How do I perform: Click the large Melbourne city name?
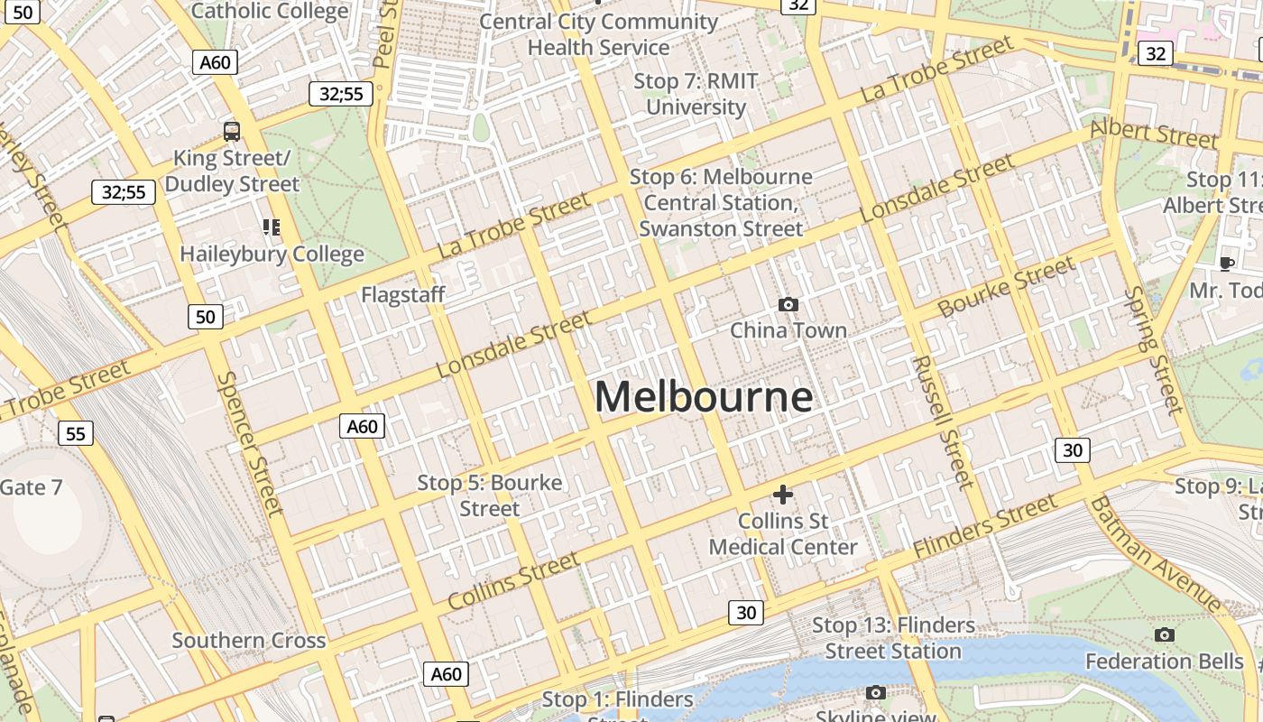pos(704,398)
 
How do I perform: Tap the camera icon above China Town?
pos(788,305)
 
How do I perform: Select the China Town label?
pos(788,330)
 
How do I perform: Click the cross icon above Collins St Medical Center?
pos(783,494)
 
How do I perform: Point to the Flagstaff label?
pos(403,294)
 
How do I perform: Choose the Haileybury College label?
pos(272,254)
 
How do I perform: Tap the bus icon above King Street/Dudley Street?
pos(232,132)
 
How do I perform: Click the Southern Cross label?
pos(249,641)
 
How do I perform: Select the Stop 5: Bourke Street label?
pos(490,495)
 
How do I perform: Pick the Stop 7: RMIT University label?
pos(696,94)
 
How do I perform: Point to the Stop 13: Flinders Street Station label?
pos(893,638)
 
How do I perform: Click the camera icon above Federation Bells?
pos(1165,635)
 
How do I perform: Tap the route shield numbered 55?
pos(76,434)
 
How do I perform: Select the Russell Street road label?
pos(944,421)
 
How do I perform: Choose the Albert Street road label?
pos(1154,134)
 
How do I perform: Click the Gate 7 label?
pos(32,487)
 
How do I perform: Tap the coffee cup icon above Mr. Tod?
pos(1226,264)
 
